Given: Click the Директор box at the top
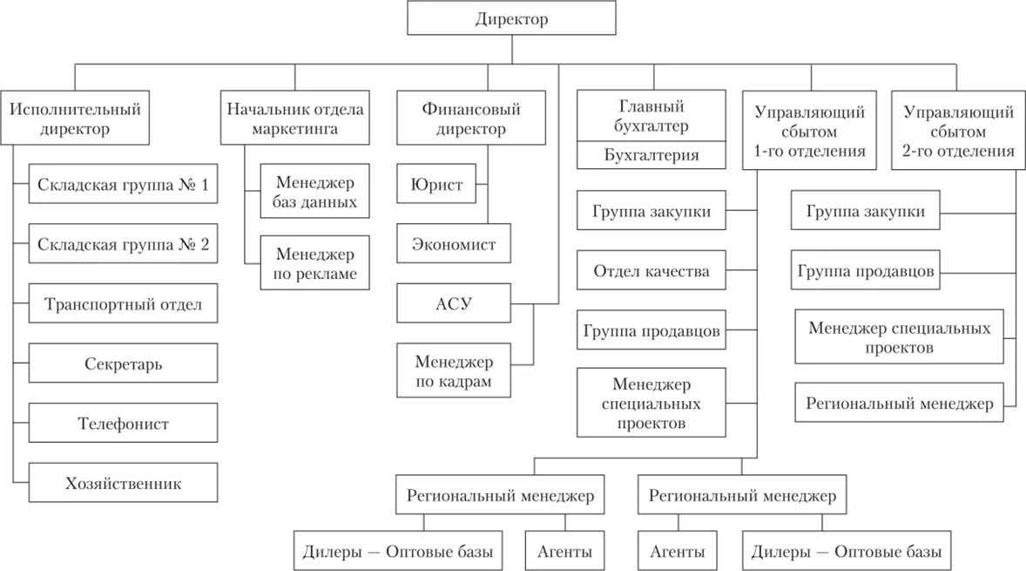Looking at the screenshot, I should point(512,19).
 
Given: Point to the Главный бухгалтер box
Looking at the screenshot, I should point(651,115).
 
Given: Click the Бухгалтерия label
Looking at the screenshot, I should point(651,156).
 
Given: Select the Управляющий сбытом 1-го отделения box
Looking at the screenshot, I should point(809,131).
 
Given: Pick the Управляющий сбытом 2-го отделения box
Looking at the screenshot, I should point(958,131).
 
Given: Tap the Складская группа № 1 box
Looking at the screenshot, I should point(123,185).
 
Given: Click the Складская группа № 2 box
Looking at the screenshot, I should point(123,245).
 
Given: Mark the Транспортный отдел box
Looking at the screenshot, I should point(123,304).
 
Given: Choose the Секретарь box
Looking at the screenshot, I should point(123,364).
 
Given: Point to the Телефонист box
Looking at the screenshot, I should point(123,424).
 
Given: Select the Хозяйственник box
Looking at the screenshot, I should point(123,483).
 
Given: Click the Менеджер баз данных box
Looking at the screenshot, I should point(315,192).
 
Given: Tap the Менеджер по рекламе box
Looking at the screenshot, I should point(315,264).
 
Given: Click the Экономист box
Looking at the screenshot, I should point(453,245).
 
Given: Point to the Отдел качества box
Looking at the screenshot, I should point(651,271).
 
